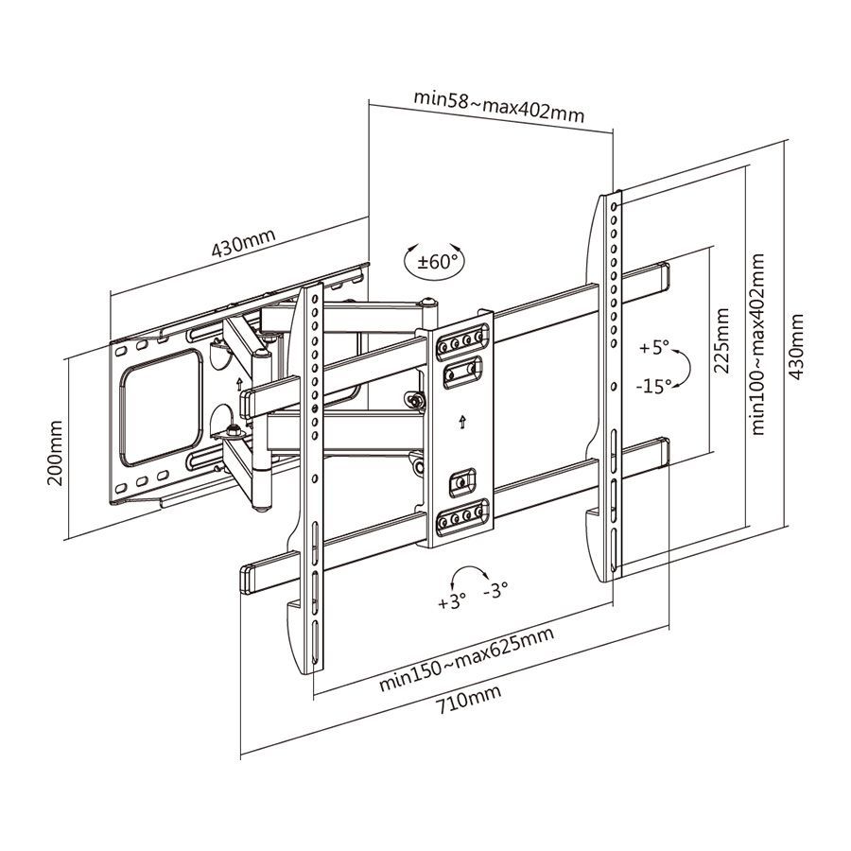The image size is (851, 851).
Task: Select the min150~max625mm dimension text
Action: (x=466, y=659)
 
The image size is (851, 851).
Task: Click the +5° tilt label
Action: (x=653, y=348)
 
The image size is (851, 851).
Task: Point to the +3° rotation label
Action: (x=452, y=601)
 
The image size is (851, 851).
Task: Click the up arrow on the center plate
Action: (x=461, y=420)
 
